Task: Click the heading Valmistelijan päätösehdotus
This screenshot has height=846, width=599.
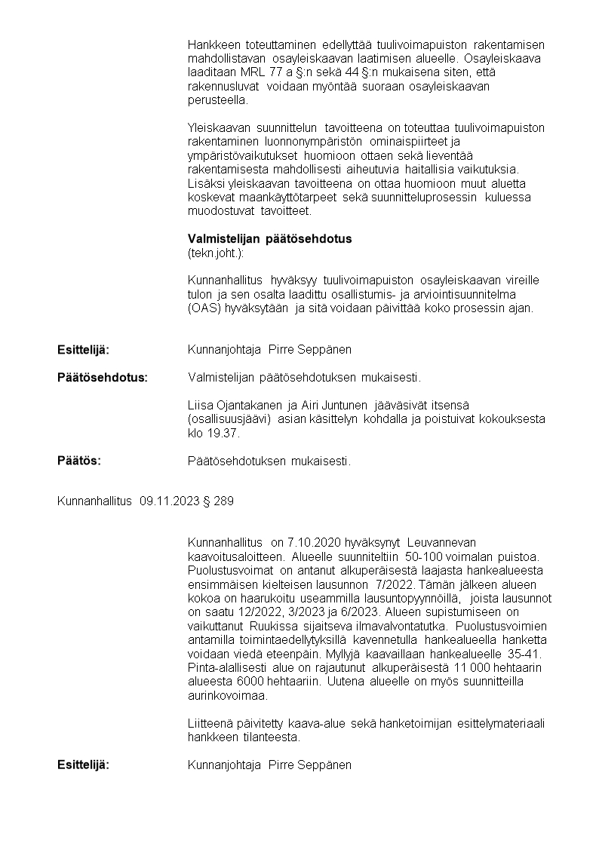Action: [x=269, y=239]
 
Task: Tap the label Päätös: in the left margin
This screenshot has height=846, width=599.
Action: [x=79, y=460]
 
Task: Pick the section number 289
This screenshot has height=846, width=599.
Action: [x=223, y=501]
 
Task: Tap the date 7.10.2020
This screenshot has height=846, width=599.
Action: [x=313, y=542]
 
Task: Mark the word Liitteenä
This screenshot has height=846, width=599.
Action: [x=210, y=724]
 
